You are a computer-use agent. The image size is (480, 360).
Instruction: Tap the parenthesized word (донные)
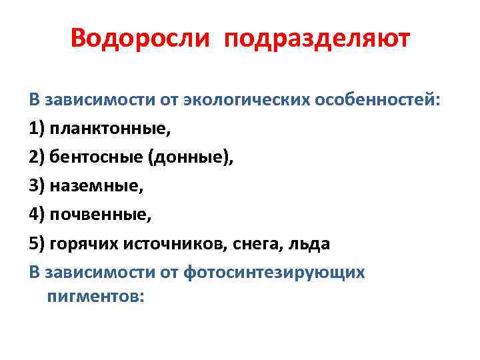tap(191, 157)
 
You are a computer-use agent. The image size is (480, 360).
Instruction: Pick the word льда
tap(309, 243)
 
